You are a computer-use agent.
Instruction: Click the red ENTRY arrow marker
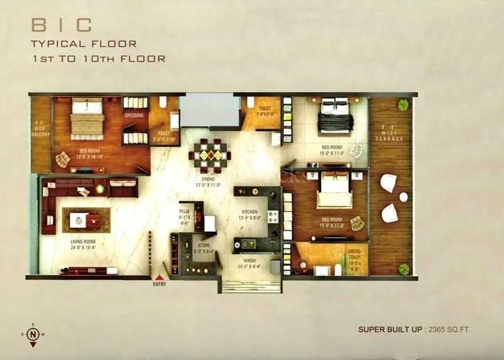pyautogui.click(x=160, y=277)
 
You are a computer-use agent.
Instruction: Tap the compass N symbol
pyautogui.click(x=33, y=334)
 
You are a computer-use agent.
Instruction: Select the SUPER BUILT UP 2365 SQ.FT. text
pyautogui.click(x=414, y=329)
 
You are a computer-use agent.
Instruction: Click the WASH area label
pyautogui.click(x=250, y=264)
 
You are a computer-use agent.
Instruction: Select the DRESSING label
pyautogui.click(x=134, y=115)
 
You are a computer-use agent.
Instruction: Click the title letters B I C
pyautogui.click(x=62, y=26)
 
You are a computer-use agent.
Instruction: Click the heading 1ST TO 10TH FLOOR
pyautogui.click(x=99, y=59)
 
